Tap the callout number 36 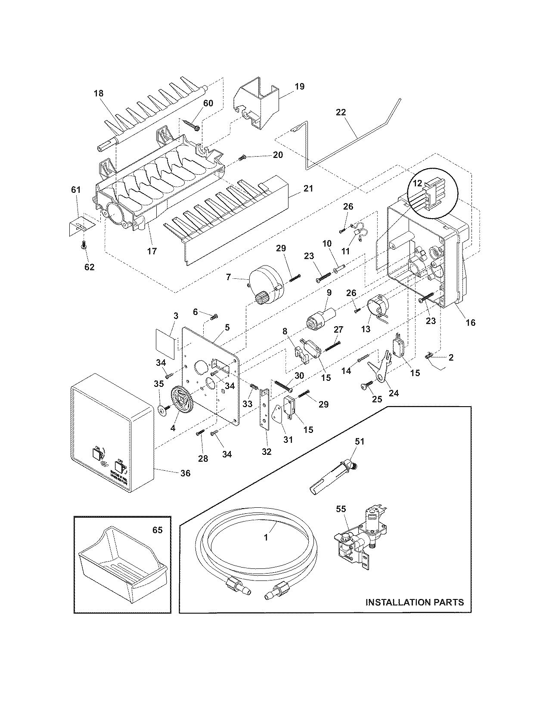pos(185,473)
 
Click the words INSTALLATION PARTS pos(414,602)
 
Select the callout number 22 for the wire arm pos(341,112)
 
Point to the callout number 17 pos(152,251)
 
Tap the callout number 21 pos(308,188)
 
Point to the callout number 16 pos(471,322)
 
